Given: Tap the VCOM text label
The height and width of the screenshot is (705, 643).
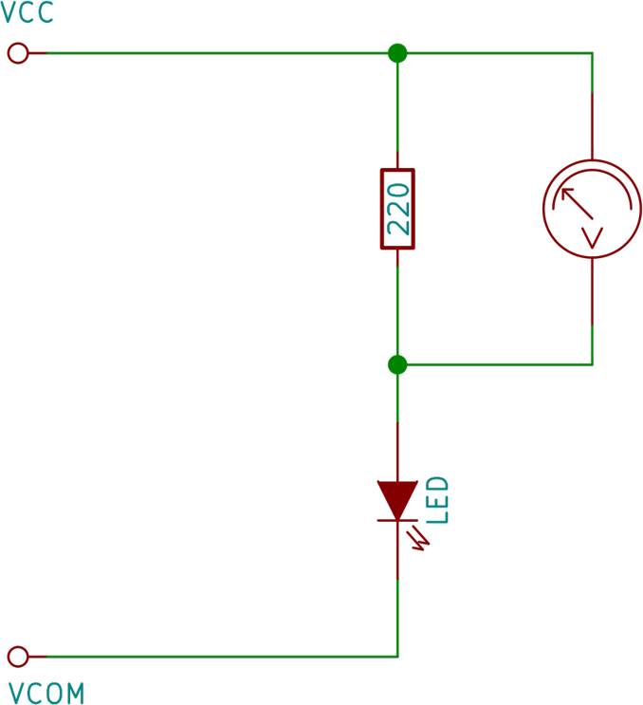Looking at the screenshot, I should click(46, 693).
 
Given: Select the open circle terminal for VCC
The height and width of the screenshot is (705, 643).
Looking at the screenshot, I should click(18, 53).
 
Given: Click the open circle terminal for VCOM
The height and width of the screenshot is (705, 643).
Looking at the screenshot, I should click(18, 656).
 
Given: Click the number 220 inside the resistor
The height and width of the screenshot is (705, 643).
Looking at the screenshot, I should click(397, 209).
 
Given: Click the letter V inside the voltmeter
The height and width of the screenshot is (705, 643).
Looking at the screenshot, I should click(593, 237).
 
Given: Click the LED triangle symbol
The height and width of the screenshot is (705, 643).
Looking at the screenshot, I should click(397, 497).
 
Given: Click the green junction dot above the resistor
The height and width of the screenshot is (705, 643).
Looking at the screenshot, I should click(397, 53).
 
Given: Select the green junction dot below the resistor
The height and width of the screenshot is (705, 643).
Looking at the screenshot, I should click(397, 364).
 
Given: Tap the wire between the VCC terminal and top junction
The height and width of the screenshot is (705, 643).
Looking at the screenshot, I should click(209, 53).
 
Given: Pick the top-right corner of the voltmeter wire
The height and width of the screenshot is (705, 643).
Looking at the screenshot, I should click(593, 53).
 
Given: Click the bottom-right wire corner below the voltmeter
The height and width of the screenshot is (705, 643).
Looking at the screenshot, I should click(593, 363).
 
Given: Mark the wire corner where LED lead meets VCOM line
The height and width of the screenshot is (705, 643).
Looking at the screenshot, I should click(397, 656).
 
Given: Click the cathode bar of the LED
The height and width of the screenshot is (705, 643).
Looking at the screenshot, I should click(397, 520).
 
